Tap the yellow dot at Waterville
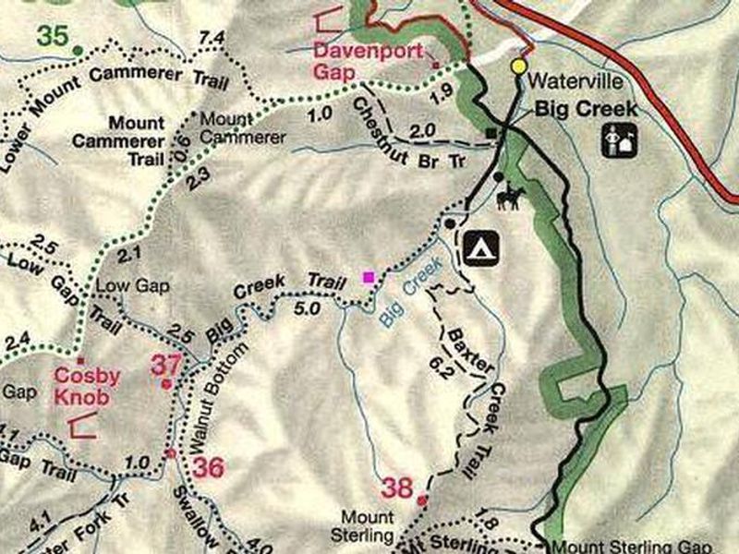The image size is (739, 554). coord(519,66)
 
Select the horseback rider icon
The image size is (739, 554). coord(512,196)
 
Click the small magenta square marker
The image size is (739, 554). coord(369,277)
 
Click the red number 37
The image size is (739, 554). coord(166,365)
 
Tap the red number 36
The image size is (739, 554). coord(209,467)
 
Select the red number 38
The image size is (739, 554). coord(397,488)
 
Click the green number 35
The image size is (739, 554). coord(54,37)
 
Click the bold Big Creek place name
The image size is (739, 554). coord(587,109)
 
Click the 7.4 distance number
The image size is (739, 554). coord(212,37)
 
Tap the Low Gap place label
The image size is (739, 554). coord(133,286)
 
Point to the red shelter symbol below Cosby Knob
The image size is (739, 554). coord(83,426)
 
